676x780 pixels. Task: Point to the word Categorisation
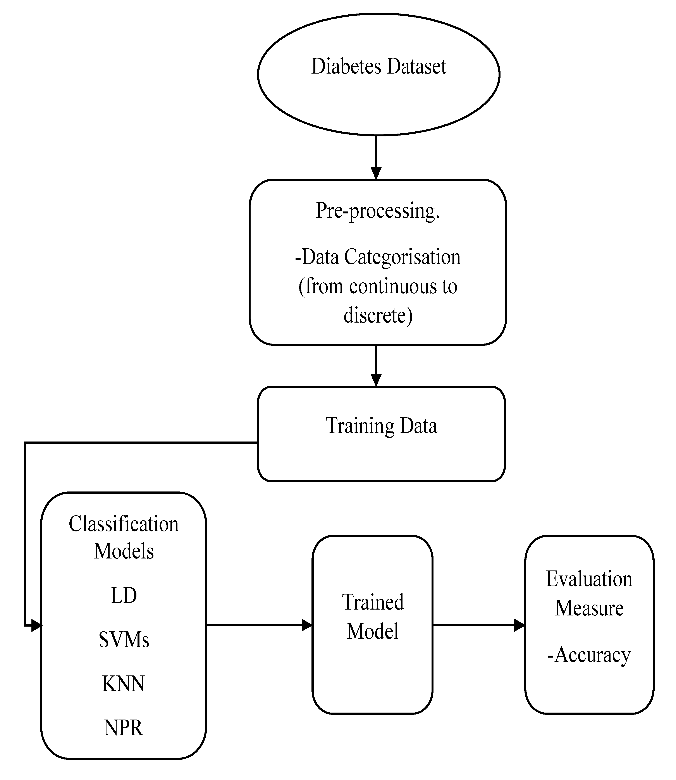click(403, 258)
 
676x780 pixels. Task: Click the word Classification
click(124, 524)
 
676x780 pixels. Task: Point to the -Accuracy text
click(589, 655)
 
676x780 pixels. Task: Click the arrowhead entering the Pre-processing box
click(376, 173)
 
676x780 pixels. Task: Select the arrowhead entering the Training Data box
click(376, 380)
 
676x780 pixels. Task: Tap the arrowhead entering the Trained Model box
click(307, 625)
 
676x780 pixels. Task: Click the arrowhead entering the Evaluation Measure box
click(520, 625)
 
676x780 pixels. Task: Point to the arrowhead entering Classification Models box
click(36, 625)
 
